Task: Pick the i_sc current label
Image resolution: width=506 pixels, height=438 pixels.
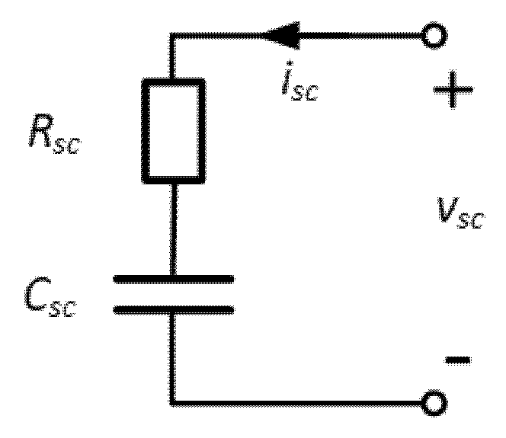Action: click(x=298, y=85)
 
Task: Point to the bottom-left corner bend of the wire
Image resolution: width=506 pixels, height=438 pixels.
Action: click(x=174, y=401)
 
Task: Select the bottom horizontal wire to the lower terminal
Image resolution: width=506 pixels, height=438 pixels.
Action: click(x=305, y=401)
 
